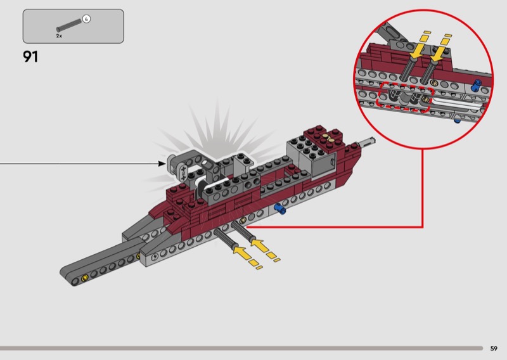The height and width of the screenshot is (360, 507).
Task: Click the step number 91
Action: click(x=30, y=56)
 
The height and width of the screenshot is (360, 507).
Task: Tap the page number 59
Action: click(x=494, y=348)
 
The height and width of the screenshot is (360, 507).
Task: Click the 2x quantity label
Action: click(x=59, y=36)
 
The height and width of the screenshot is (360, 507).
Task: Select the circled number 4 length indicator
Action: click(x=87, y=19)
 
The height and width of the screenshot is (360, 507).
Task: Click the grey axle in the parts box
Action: click(x=68, y=26)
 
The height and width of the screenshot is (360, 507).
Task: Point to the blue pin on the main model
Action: click(x=280, y=210)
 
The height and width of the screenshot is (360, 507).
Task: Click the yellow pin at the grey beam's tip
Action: click(x=84, y=279)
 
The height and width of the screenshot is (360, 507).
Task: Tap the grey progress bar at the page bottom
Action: click(x=241, y=348)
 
